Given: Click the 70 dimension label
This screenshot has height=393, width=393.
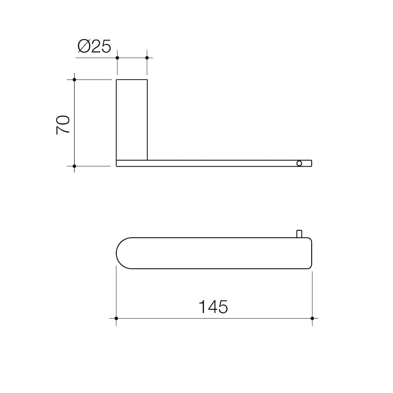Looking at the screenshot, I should click(x=63, y=125).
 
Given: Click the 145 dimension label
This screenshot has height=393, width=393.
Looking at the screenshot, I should click(x=213, y=307).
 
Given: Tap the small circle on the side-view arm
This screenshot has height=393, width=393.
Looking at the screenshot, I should click(x=299, y=163).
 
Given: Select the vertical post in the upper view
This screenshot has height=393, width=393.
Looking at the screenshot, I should click(x=132, y=120).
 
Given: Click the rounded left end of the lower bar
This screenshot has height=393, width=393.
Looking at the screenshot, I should click(x=122, y=253).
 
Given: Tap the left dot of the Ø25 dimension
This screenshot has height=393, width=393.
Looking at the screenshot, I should click(x=117, y=58).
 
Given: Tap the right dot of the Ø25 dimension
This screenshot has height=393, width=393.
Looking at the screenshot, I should click(x=147, y=58).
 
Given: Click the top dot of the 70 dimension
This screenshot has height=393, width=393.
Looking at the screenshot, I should click(x=74, y=80).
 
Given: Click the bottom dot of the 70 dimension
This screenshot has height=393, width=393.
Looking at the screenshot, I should click(x=74, y=166).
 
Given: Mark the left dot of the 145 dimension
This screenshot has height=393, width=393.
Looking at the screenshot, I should click(x=116, y=318).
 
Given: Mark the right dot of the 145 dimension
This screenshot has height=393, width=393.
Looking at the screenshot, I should click(x=312, y=318).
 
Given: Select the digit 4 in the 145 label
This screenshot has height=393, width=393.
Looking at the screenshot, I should click(x=213, y=307).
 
